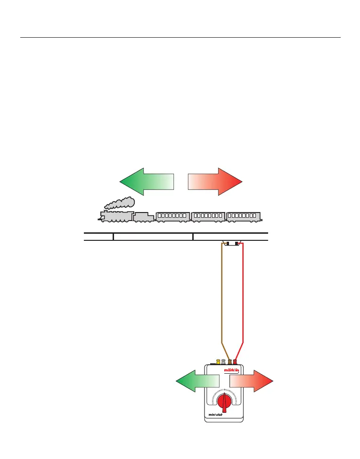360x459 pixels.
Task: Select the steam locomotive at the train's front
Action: [x=116, y=216]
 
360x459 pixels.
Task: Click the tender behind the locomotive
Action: [x=143, y=217]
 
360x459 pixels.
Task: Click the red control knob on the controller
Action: [x=226, y=402]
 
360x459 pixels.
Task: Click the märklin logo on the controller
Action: [x=231, y=370]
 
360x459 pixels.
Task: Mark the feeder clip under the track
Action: [x=232, y=243]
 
